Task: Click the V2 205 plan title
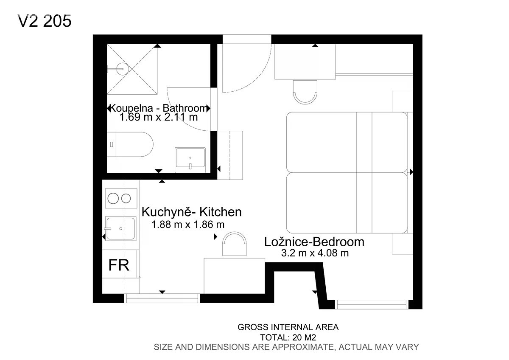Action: point(45,21)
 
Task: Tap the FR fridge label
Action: point(119,265)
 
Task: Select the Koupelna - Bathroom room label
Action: point(158,108)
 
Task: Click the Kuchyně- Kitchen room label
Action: point(192,212)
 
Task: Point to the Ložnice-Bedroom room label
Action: point(314,242)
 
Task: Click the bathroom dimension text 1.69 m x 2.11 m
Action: point(158,117)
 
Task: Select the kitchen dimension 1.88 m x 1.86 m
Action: point(188,225)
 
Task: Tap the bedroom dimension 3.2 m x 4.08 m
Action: point(315,253)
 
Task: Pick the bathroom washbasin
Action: point(190,160)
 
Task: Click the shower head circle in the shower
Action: point(123,68)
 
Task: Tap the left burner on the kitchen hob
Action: point(113,198)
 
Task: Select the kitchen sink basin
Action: point(120,228)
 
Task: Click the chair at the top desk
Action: point(305,92)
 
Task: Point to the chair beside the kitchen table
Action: point(234,244)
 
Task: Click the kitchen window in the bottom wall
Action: point(162,298)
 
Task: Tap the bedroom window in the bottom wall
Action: point(372,304)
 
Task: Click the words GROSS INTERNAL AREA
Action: point(288,327)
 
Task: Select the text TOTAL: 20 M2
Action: point(288,337)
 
